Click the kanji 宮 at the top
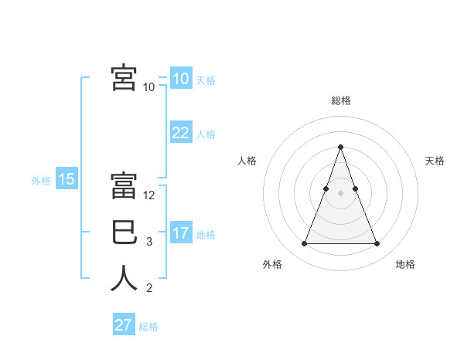point(124,77)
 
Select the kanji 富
point(124,186)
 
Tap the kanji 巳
point(124,232)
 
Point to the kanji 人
point(124,279)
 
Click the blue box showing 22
point(180,133)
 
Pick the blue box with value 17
point(180,233)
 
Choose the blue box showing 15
point(66,180)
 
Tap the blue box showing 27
point(123,325)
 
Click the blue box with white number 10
point(180,79)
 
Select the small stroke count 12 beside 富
point(150,195)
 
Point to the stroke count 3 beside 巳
point(149,242)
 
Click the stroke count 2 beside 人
point(149,288)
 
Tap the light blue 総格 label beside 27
point(148,327)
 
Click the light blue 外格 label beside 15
point(41,181)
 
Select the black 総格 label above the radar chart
point(340,100)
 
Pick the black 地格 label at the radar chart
point(405,264)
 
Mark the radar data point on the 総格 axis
point(340,148)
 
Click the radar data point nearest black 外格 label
point(304,244)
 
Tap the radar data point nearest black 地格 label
point(377,244)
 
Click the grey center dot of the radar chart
point(340,194)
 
